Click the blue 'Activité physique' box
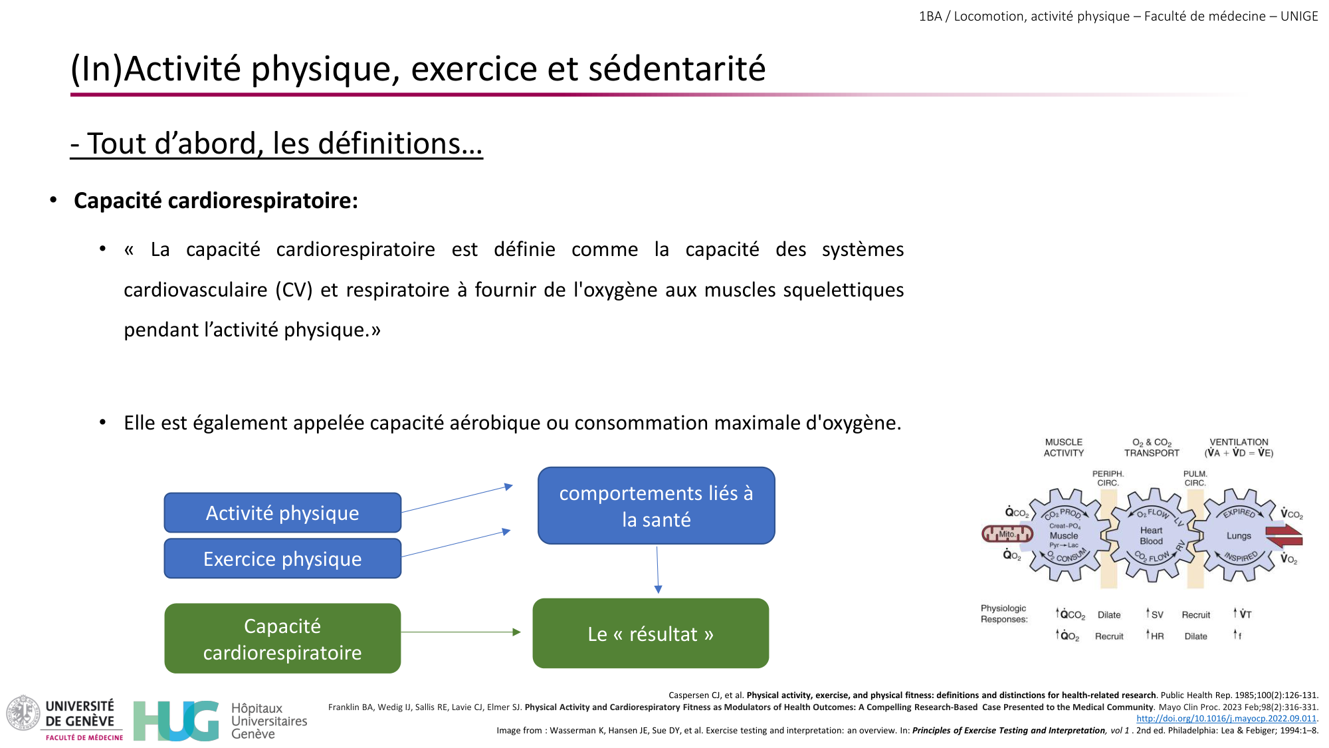[x=282, y=513]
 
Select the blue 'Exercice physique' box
[x=282, y=559]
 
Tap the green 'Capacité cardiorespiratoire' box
[x=282, y=638]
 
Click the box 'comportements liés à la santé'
[x=656, y=506]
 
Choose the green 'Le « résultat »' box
[x=651, y=634]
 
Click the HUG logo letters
[x=176, y=721]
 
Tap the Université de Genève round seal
[x=23, y=713]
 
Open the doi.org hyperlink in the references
[x=1226, y=718]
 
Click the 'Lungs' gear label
[x=1239, y=536]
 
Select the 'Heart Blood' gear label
[x=1151, y=535]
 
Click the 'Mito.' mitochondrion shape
[x=1007, y=534]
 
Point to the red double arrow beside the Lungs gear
[x=1284, y=536]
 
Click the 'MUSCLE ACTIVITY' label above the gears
[x=1063, y=447]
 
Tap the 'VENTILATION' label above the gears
[x=1239, y=442]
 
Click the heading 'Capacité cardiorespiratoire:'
[x=216, y=200]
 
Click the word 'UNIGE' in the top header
[x=1298, y=16]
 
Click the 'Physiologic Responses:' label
[x=1003, y=613]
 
